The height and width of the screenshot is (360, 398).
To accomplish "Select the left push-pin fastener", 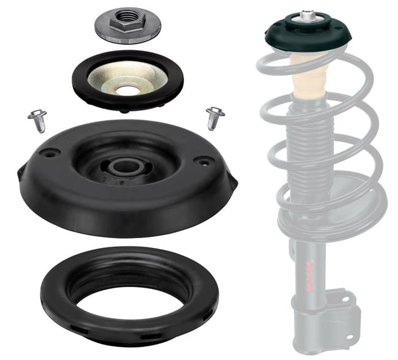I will [x=37, y=119].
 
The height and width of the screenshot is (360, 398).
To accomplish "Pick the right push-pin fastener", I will [x=214, y=116].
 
